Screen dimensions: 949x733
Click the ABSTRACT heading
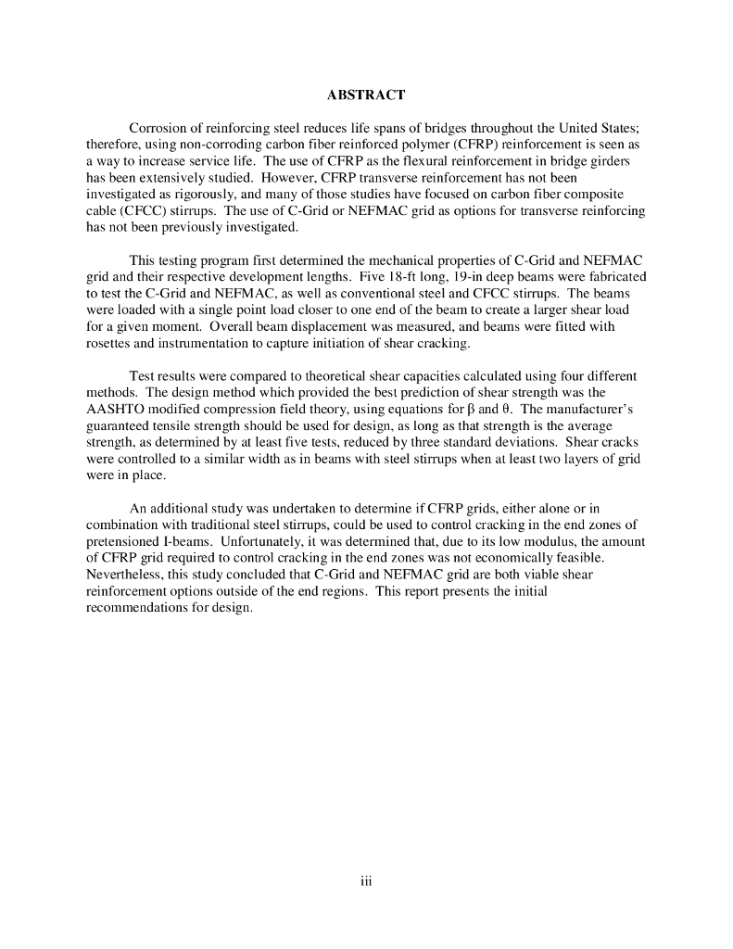click(x=366, y=95)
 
